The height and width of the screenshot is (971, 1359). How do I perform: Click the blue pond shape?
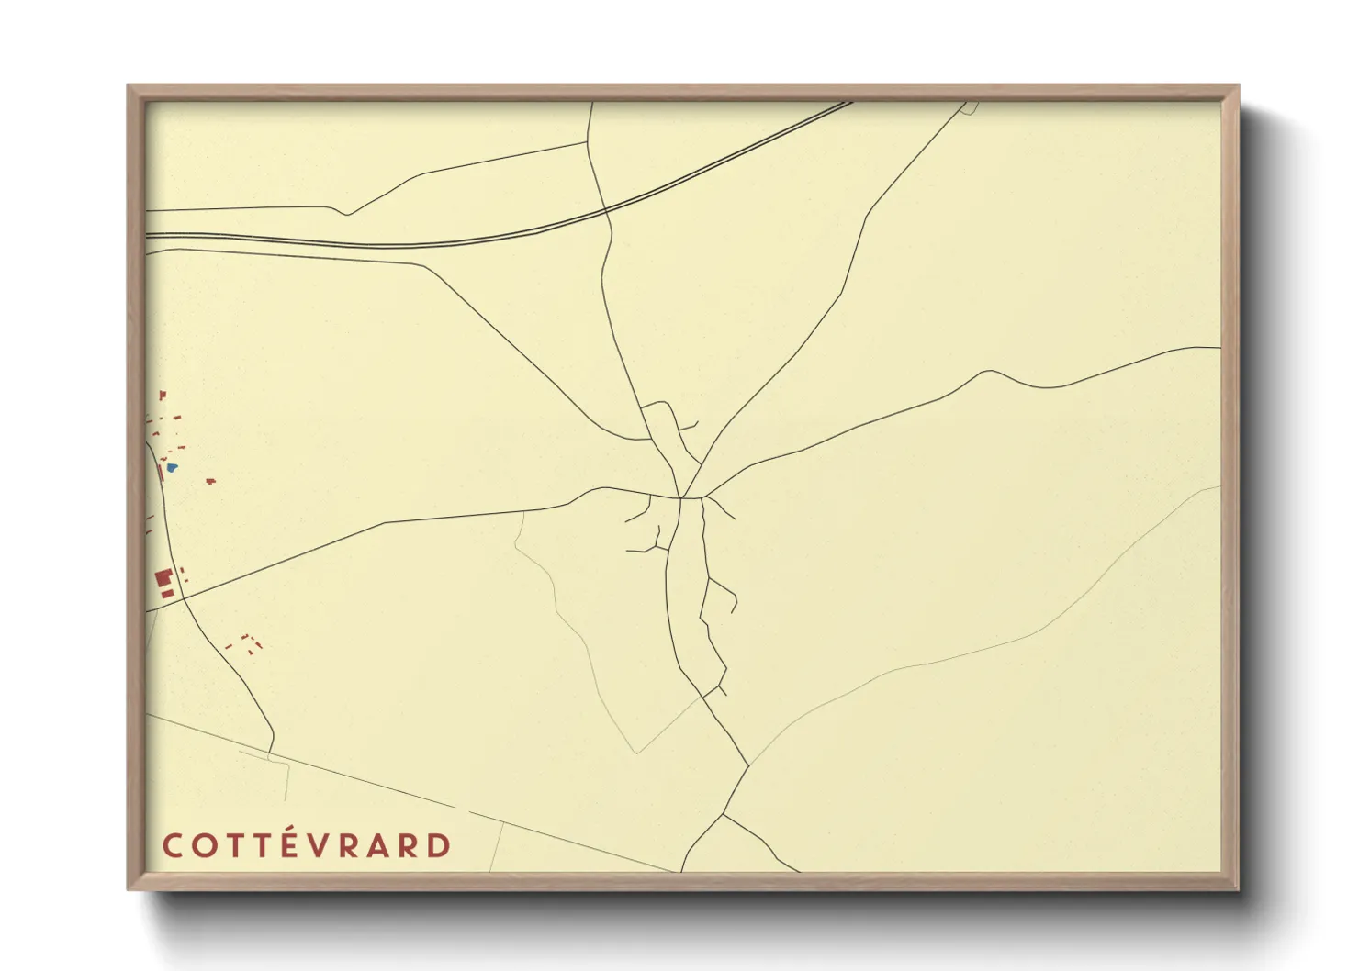[x=172, y=467]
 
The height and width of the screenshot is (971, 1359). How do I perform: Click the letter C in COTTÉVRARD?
[x=172, y=845]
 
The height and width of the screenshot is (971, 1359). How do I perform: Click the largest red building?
[x=163, y=578]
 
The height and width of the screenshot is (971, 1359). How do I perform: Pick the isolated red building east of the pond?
[x=211, y=480]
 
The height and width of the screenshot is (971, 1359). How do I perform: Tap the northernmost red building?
[x=163, y=395]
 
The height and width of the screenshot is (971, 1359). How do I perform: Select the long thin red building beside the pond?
[x=163, y=473]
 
